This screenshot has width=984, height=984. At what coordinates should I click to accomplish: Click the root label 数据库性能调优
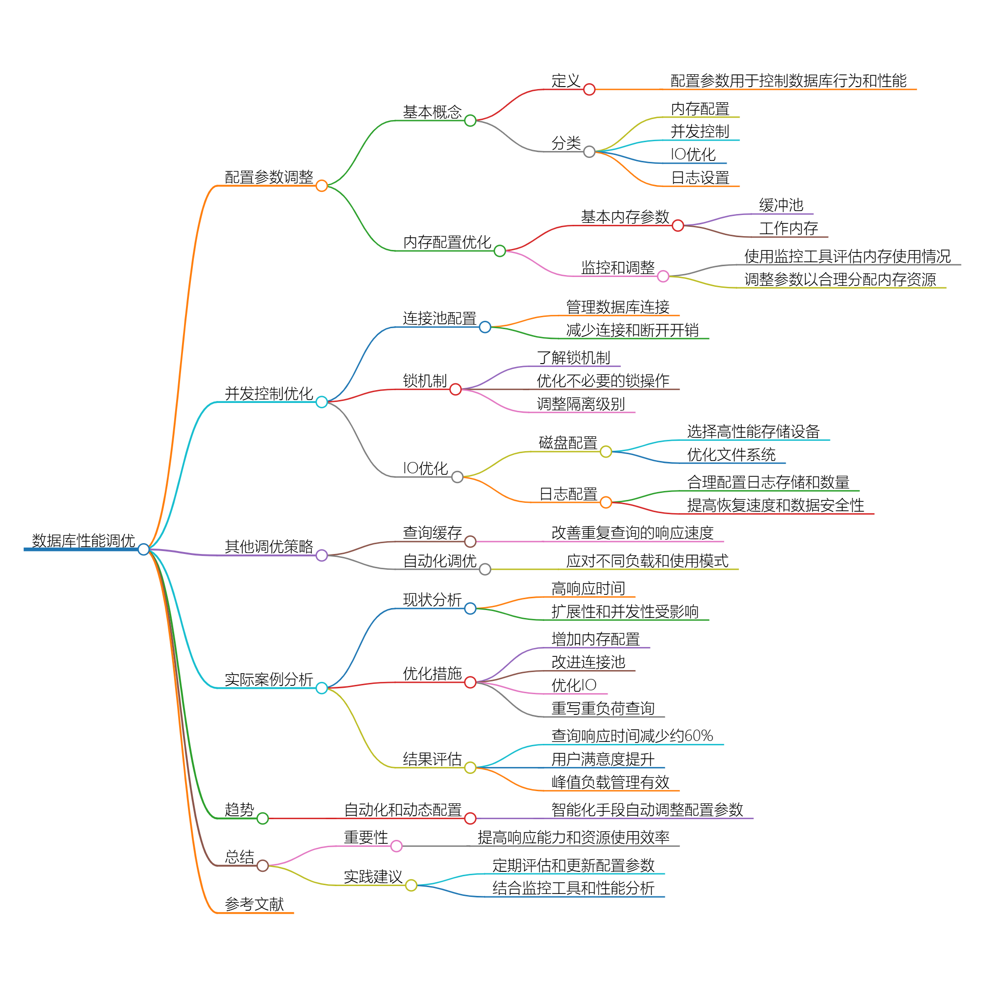84,540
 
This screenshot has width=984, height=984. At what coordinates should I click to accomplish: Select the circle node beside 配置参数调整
321,186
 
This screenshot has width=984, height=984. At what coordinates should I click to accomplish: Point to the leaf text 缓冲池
781,205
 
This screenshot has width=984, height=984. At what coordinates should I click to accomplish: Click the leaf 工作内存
788,228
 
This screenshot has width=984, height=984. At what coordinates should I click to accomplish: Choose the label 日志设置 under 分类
700,178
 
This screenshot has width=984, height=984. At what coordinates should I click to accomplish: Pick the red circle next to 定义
589,90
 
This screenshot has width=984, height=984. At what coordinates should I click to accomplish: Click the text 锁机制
425,380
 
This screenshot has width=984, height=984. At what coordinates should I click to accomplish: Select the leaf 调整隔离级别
581,404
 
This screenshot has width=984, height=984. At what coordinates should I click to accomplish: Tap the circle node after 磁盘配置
606,452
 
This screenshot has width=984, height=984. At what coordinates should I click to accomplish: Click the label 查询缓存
432,533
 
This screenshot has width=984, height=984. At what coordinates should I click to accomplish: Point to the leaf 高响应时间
588,588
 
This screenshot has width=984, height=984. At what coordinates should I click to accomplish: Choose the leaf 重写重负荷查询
603,708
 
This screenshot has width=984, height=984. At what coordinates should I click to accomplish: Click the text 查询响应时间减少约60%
632,736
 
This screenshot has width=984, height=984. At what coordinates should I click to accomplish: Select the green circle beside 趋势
263,819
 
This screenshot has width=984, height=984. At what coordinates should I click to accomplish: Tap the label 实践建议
373,877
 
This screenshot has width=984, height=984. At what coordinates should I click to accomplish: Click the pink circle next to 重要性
396,846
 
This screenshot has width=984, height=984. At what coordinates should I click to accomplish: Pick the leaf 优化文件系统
731,454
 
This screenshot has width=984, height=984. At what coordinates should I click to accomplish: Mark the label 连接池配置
439,318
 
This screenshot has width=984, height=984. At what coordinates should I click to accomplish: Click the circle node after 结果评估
470,768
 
